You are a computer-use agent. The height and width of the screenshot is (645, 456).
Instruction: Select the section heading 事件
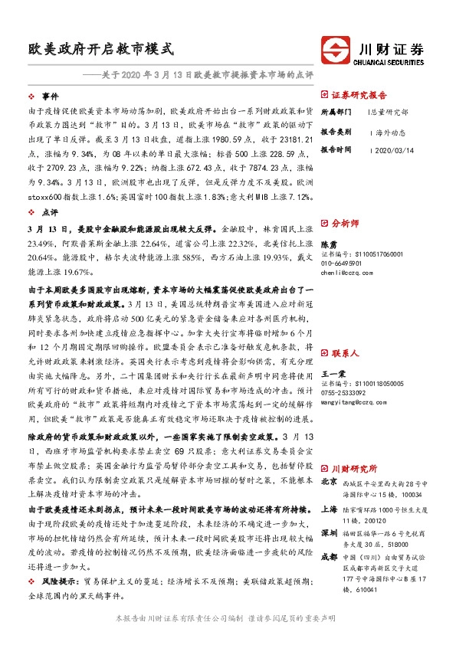[x=50, y=97]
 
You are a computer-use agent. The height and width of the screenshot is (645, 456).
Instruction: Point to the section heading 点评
[x=50, y=214]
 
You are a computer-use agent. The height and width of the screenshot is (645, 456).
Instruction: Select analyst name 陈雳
[x=330, y=243]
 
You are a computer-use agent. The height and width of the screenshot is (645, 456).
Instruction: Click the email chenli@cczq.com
[x=346, y=272]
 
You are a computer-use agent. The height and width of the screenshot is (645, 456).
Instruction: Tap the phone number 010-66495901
[x=343, y=263]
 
